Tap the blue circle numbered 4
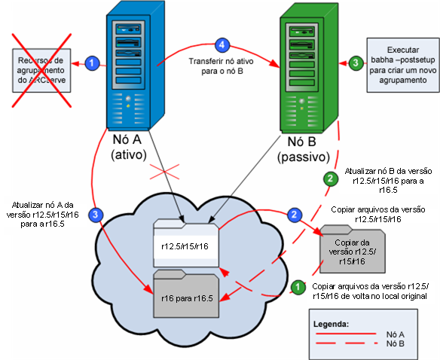[x=221, y=44]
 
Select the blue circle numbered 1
[x=91, y=64]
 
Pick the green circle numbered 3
[x=353, y=64]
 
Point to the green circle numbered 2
[x=329, y=178]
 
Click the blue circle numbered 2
[x=293, y=215]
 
